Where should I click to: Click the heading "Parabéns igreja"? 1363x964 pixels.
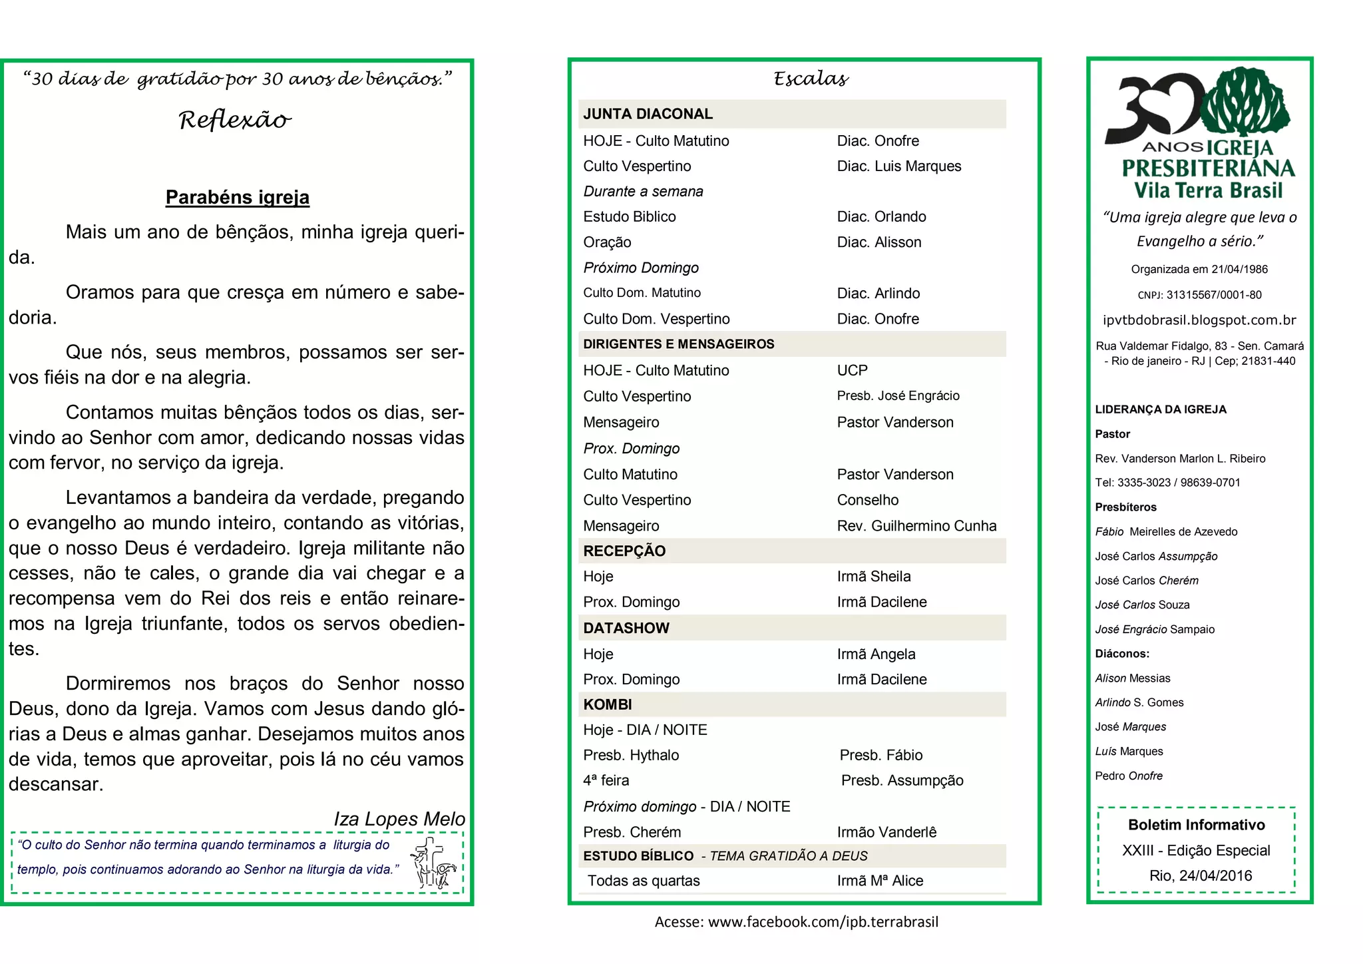pos(238,197)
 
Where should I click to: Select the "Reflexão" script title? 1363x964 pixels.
pos(235,120)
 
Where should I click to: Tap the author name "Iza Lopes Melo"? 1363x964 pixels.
pos(399,819)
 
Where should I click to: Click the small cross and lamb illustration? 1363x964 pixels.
pos(433,863)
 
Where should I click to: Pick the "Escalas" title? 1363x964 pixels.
pos(811,79)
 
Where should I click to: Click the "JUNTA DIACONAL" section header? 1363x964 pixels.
pos(648,114)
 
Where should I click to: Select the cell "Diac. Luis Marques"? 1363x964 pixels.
pos(898,166)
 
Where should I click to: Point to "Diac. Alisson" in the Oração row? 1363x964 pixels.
pos(878,242)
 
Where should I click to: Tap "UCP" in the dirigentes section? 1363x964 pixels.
pos(852,370)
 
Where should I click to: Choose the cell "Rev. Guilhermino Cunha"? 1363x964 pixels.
pos(916,526)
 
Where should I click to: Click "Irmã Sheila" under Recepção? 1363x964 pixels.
pos(873,577)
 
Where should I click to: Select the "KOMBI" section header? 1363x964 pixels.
pos(608,704)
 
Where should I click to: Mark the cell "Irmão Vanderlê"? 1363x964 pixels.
pos(886,832)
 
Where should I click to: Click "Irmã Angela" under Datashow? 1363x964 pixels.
pos(876,654)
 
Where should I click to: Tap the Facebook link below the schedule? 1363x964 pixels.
pos(796,922)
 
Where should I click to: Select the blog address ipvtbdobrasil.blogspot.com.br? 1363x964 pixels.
pos(1199,320)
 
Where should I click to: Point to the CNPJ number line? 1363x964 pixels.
pos(1199,295)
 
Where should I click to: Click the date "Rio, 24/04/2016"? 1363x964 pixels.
pos(1201,875)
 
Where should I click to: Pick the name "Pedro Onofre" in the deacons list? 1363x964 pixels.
pos(1129,776)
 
